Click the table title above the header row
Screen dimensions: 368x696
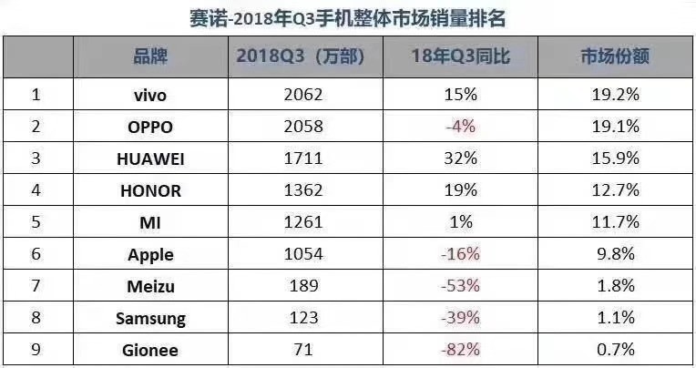pos(348,16)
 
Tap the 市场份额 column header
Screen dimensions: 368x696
pos(615,56)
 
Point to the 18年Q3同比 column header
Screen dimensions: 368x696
pos(461,56)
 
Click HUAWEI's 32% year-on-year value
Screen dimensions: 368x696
pos(461,158)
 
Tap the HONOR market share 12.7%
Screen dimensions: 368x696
pos(615,190)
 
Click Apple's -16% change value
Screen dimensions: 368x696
pos(461,255)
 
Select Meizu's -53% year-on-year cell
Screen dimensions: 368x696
pos(461,286)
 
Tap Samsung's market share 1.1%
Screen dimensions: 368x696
pos(615,318)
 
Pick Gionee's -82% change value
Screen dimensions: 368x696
pos(461,350)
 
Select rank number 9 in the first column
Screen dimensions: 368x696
pos(36,350)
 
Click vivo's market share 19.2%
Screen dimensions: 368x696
pos(615,94)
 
